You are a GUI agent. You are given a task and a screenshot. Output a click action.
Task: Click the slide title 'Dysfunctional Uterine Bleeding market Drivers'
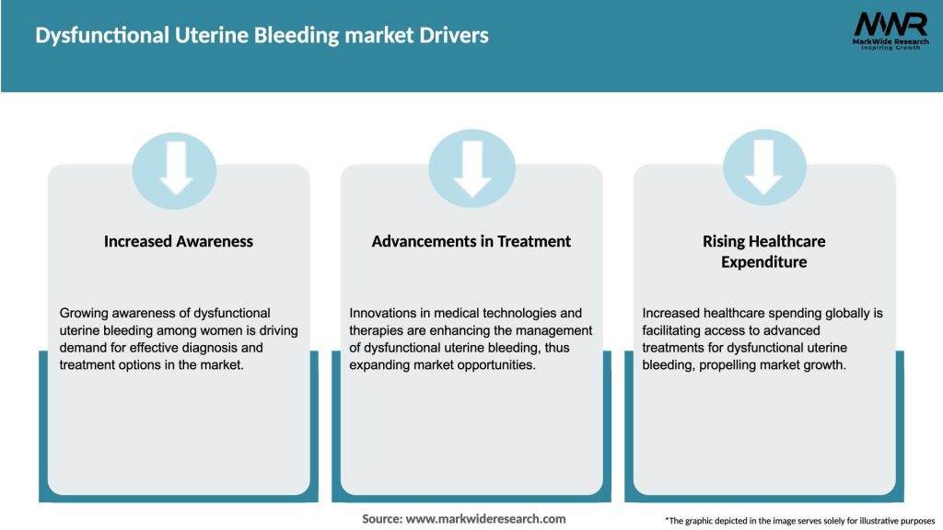click(262, 36)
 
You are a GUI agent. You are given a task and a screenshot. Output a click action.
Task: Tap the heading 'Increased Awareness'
click(179, 241)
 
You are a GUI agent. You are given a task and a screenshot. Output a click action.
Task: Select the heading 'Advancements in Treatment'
click(471, 241)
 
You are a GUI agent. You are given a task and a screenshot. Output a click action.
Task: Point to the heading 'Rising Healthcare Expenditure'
click(763, 251)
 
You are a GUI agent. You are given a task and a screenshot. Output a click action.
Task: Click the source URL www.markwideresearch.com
click(486, 519)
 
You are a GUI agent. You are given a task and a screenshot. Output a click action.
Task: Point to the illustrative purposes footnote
click(799, 520)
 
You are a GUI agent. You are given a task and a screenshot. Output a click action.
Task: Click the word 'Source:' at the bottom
click(381, 519)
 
